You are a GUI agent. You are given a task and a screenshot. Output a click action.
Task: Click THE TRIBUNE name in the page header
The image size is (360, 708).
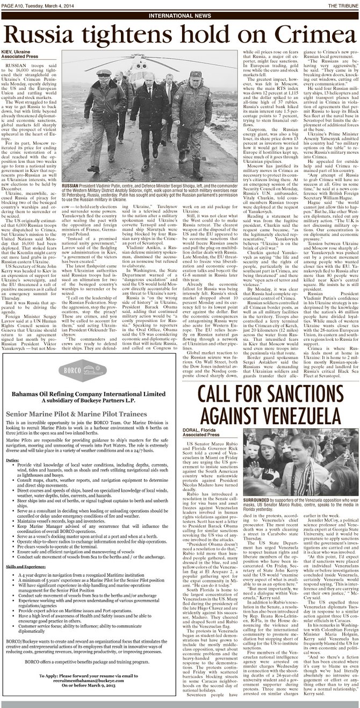pos(337,5)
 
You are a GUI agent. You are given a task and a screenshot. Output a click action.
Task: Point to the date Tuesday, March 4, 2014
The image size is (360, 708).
pos(50,5)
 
